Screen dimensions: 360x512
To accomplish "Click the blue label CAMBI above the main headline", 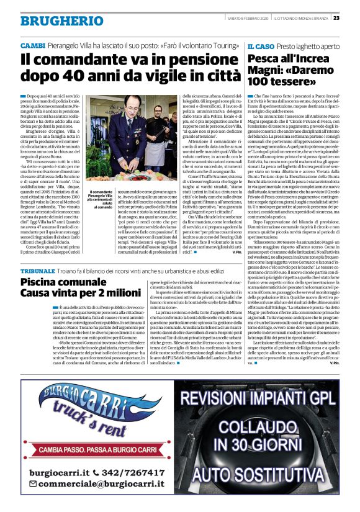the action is point(32,47).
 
